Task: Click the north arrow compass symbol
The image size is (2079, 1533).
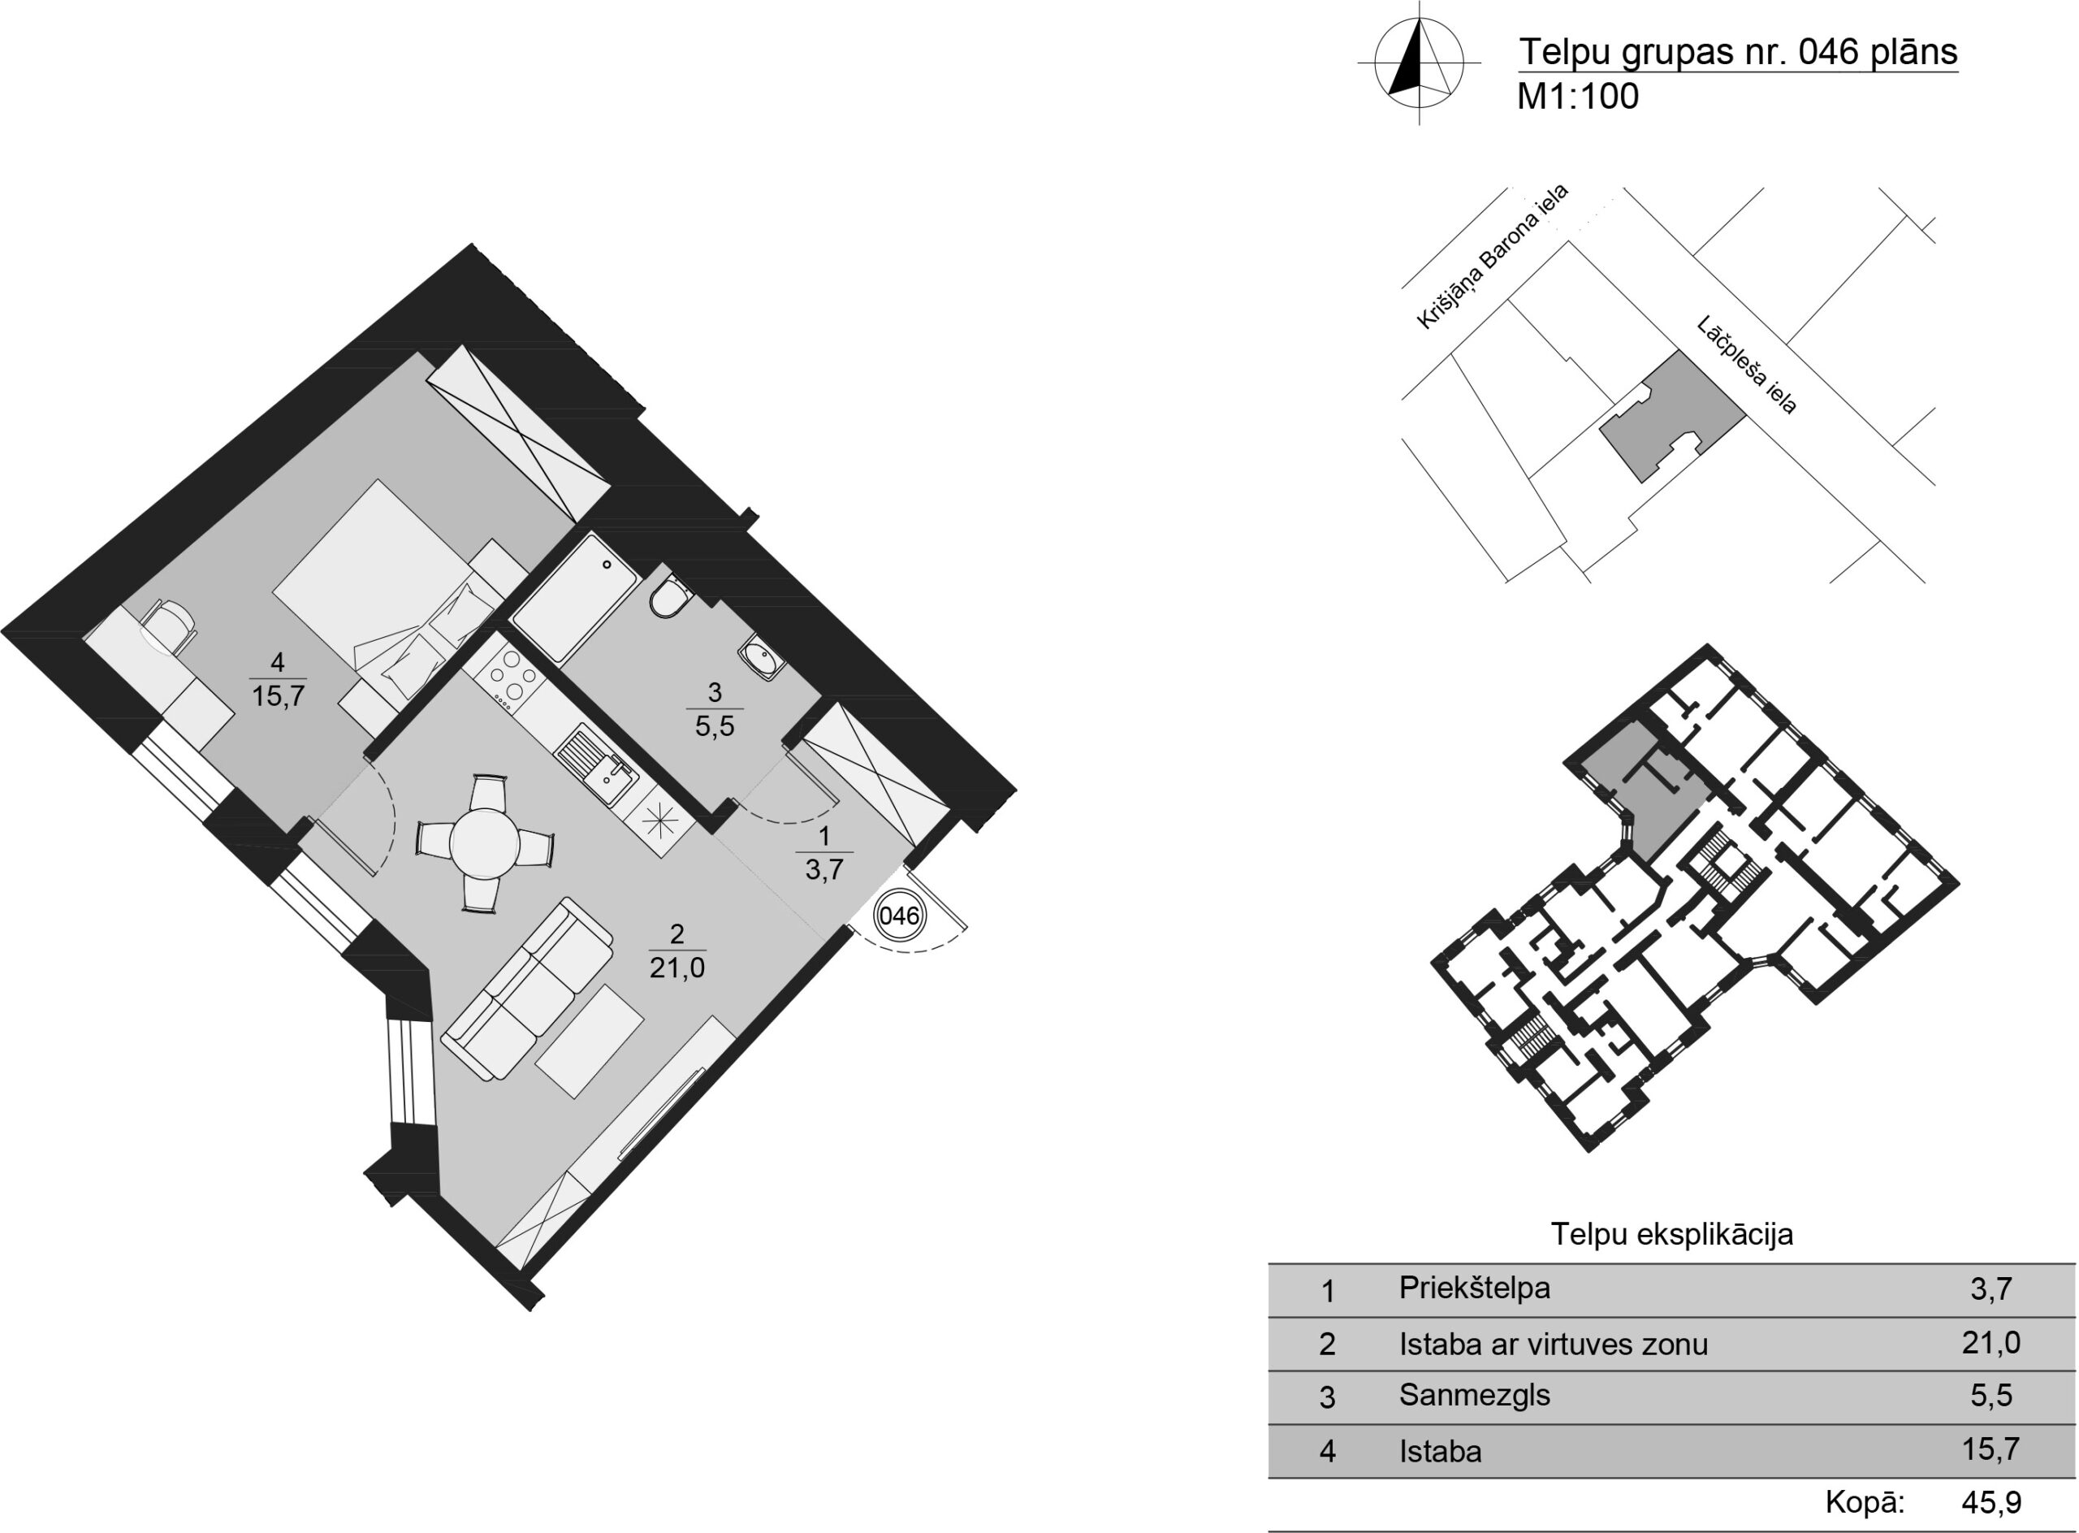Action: click(x=1419, y=63)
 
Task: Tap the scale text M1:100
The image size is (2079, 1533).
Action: click(x=1577, y=97)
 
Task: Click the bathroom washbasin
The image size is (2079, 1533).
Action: click(x=762, y=660)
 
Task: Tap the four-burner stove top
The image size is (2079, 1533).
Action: click(x=507, y=674)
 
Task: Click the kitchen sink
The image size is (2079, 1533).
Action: click(x=597, y=764)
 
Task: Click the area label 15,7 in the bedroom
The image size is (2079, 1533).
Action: click(x=279, y=696)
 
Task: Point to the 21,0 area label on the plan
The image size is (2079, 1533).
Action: click(x=677, y=968)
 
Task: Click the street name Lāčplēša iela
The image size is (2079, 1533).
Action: click(x=1747, y=365)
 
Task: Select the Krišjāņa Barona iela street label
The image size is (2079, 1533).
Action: click(x=1492, y=257)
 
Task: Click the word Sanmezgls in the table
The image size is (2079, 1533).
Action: click(x=1474, y=1396)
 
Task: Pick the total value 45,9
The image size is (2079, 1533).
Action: click(x=1992, y=1501)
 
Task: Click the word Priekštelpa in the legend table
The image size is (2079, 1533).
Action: click(x=1474, y=1289)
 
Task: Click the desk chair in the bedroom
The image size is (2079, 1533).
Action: click(x=170, y=627)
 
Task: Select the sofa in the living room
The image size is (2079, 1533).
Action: click(x=527, y=990)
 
